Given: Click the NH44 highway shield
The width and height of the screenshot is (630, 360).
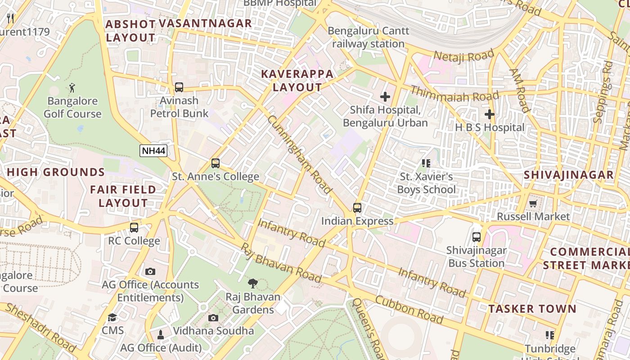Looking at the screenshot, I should click(x=153, y=151).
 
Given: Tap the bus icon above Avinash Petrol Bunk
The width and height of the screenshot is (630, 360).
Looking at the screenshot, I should click(x=179, y=87).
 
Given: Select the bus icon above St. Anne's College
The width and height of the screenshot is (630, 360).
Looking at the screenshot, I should click(x=216, y=163).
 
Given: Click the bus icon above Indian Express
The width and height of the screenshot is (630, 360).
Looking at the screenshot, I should click(x=357, y=208).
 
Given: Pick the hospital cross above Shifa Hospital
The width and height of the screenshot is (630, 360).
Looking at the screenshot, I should click(x=385, y=97).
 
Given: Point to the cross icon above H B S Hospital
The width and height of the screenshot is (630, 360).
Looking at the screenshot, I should click(x=490, y=114).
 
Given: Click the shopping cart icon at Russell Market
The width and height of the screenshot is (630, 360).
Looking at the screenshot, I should click(x=533, y=203).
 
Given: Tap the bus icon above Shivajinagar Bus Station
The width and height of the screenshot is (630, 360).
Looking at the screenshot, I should click(x=477, y=237).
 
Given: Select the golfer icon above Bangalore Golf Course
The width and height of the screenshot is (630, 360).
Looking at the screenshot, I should click(x=72, y=87).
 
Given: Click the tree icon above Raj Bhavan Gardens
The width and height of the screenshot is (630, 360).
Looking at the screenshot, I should click(x=253, y=283).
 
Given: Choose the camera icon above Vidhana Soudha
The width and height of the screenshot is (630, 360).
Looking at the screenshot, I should click(x=213, y=318).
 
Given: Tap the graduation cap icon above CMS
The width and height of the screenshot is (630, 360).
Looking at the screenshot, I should click(x=112, y=317).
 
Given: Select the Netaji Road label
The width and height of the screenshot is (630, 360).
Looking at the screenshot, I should click(x=463, y=56).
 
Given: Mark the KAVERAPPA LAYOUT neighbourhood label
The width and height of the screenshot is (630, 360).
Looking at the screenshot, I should click(x=297, y=81).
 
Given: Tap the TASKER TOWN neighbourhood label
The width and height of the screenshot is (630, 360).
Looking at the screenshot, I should click(x=532, y=309).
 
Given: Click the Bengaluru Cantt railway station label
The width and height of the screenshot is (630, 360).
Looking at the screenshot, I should click(x=369, y=37).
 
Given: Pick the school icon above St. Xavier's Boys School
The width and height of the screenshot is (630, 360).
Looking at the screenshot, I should click(x=426, y=163).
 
